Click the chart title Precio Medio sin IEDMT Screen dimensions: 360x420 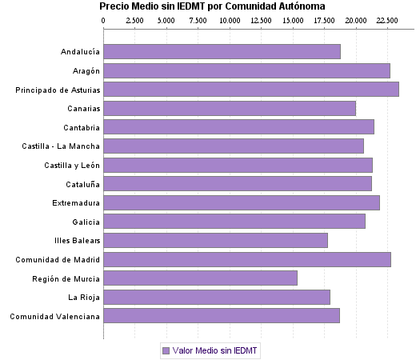(211, 6)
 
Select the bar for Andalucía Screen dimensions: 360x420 (222, 52)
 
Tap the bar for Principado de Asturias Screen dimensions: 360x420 (251, 90)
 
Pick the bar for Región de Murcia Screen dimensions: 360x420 (200, 278)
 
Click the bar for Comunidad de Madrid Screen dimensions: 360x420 (247, 259)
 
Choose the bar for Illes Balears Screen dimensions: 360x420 (215, 240)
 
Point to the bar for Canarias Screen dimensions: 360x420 (230, 108)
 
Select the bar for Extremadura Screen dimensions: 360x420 (242, 202)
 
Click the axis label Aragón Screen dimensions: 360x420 (84, 71)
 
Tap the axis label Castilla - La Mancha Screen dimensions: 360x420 (62, 146)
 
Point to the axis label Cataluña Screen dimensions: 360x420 (81, 184)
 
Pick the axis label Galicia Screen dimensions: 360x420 (86, 222)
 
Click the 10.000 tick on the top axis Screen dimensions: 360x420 (230, 20)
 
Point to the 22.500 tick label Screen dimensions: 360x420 (387, 20)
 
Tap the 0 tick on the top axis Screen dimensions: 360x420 (104, 20)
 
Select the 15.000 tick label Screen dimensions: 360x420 (293, 20)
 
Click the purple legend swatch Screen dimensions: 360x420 (166, 350)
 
